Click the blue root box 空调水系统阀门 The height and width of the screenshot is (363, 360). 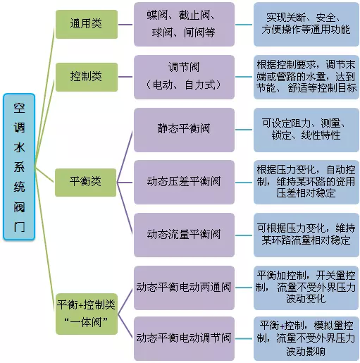(x=19, y=167)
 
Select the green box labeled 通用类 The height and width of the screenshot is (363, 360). (x=87, y=24)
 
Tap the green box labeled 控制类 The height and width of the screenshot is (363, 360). (x=87, y=77)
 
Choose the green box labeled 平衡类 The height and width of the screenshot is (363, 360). (x=86, y=183)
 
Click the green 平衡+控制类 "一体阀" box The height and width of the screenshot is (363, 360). (x=87, y=314)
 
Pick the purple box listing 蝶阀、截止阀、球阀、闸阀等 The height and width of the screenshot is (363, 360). (x=184, y=24)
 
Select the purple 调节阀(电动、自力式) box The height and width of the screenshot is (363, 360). (x=184, y=77)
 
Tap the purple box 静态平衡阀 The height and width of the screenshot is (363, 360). (x=184, y=130)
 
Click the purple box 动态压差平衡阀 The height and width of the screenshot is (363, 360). (x=184, y=183)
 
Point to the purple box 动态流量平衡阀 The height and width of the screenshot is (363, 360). (x=184, y=235)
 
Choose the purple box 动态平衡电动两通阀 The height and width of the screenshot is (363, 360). (x=184, y=288)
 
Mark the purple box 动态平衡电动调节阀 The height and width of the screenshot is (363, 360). (x=184, y=338)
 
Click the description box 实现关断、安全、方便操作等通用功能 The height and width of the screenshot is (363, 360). (x=306, y=24)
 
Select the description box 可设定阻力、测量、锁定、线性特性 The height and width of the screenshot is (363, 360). (x=306, y=130)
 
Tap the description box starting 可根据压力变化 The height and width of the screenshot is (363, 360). (x=306, y=235)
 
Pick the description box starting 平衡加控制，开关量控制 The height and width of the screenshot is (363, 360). (x=306, y=288)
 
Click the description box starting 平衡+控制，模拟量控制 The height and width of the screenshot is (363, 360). (x=306, y=338)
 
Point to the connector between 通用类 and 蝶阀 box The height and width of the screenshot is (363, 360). (x=125, y=25)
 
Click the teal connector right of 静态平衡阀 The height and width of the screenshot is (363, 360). (x=244, y=130)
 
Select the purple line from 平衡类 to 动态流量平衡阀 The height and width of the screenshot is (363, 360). (x=125, y=208)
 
